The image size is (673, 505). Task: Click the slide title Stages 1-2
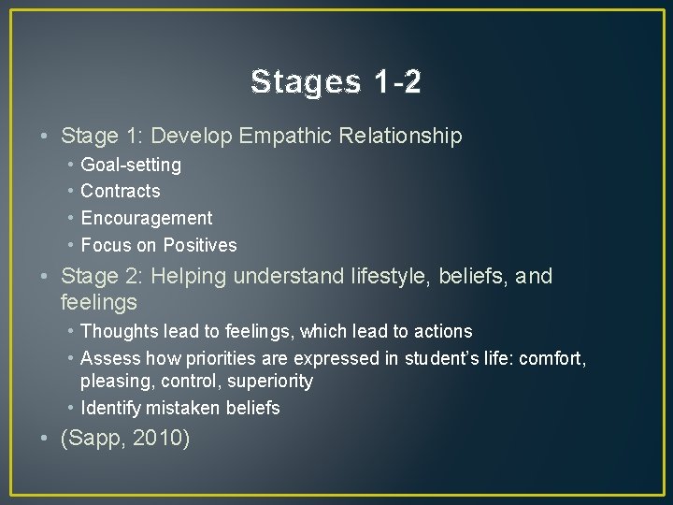(336, 82)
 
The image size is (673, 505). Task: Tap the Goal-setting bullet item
(131, 166)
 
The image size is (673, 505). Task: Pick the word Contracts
(121, 192)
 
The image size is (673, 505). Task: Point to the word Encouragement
(147, 219)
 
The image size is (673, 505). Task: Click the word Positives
(200, 246)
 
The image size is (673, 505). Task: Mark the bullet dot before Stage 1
(46, 137)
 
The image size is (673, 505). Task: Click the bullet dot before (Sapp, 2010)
(46, 437)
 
